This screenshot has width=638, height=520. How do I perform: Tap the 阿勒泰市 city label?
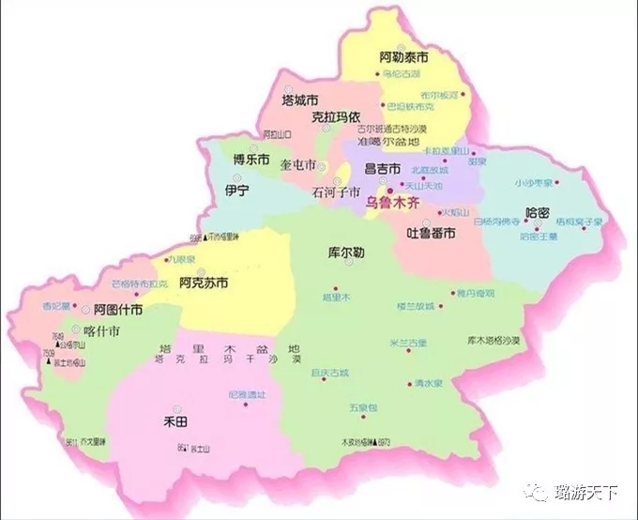pos(405,57)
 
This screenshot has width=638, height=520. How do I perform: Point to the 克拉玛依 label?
pos(336,118)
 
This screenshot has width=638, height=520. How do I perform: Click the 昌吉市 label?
pos(382,168)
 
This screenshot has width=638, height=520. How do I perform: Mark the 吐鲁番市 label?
pos(432,232)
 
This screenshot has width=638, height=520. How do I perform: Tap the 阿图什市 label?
pos(117,309)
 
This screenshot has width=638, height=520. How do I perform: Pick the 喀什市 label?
pos(101,331)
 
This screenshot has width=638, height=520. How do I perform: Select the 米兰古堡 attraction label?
pos(407,343)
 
